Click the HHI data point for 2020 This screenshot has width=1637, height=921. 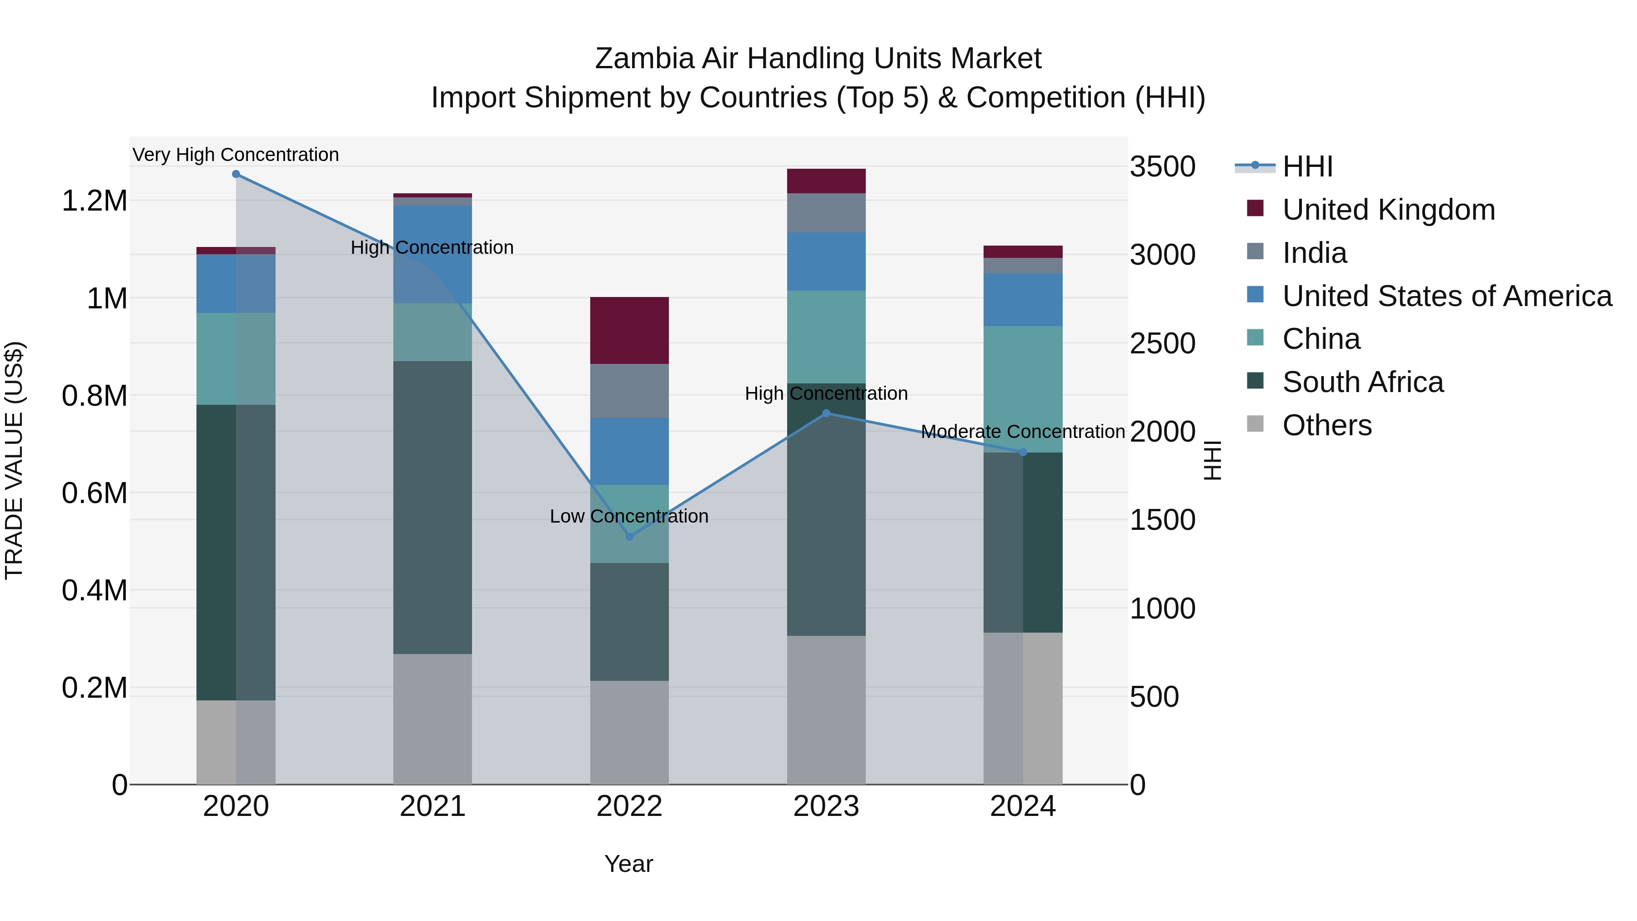(x=236, y=174)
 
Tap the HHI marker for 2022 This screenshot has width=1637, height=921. (x=629, y=537)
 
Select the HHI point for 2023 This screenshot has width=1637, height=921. (x=826, y=413)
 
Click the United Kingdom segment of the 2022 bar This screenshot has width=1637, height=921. (x=629, y=331)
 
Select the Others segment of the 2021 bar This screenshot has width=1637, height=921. (x=432, y=718)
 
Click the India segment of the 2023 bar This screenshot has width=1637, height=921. (x=826, y=213)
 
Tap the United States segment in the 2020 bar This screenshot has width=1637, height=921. (x=236, y=283)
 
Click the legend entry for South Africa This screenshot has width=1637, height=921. (x=1362, y=382)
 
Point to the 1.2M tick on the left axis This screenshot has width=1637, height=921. (x=94, y=201)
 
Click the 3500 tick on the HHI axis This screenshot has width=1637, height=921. (x=1162, y=166)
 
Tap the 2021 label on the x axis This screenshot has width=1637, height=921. (x=432, y=806)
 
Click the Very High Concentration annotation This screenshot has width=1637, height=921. (x=236, y=155)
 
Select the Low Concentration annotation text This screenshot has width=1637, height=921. (x=629, y=516)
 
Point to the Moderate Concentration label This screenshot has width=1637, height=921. (x=1023, y=432)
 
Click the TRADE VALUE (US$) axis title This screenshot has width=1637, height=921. (x=14, y=460)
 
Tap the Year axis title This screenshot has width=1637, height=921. (x=628, y=864)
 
